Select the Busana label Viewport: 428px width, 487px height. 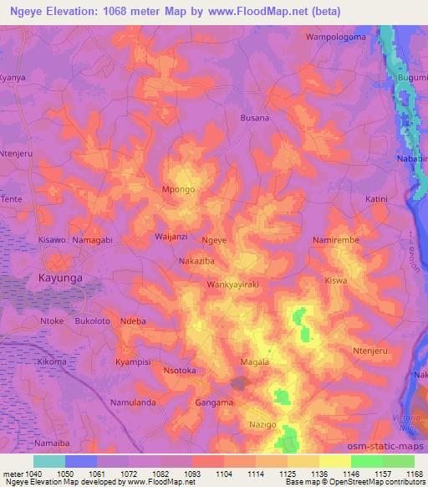coord(255,118)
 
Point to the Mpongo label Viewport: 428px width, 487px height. coord(178,190)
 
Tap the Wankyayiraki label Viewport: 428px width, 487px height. coord(234,285)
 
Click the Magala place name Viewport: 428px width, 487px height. coord(255,362)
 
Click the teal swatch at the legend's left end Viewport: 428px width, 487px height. coord(48,461)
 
